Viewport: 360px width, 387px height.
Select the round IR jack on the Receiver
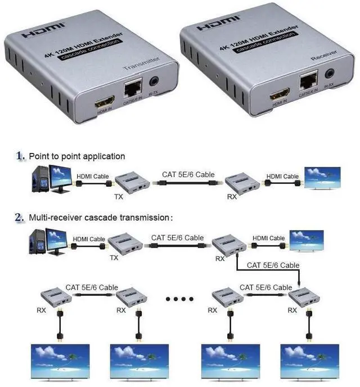point(330,73)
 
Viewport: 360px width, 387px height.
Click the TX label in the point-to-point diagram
point(119,197)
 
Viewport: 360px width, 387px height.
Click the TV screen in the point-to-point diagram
point(322,177)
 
